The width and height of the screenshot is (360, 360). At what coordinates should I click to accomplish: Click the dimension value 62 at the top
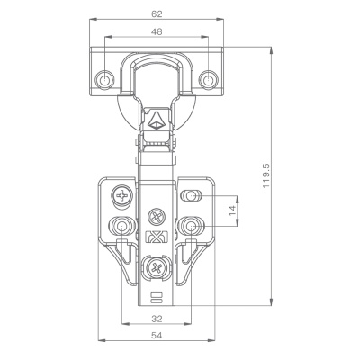[x=157, y=13]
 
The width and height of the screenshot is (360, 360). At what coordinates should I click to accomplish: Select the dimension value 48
[x=157, y=31]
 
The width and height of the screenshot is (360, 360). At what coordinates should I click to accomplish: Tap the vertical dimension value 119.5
[x=266, y=175]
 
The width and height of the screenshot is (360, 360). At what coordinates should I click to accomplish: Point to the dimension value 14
[x=232, y=211]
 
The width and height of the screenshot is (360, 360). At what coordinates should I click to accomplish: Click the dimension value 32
[x=157, y=319]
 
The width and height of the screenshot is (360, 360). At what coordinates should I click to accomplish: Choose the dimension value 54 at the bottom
[x=157, y=336]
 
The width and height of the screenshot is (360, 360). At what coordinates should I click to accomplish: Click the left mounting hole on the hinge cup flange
[x=104, y=80]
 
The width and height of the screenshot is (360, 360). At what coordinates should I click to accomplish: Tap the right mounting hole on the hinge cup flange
[x=208, y=80]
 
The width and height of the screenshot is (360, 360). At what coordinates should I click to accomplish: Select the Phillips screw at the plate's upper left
[x=122, y=196]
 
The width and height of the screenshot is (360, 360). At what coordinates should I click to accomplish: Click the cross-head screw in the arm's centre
[x=157, y=217]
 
